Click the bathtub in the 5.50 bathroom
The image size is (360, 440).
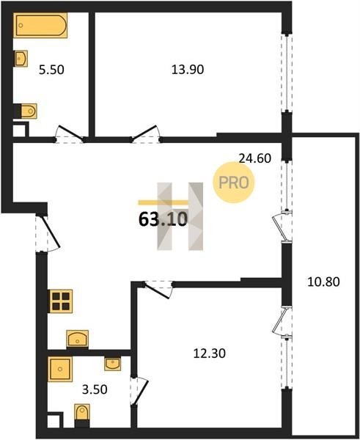[x=40, y=25]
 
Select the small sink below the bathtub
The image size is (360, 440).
[x=21, y=59]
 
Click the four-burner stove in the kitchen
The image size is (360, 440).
[x=60, y=301]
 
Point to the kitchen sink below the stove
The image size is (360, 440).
[x=78, y=339]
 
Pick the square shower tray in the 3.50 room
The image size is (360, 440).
[x=60, y=369]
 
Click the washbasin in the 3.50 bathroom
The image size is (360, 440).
[x=112, y=364]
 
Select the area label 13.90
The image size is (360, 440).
[x=188, y=70]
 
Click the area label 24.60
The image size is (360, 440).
[x=255, y=158]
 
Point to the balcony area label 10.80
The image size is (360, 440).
[x=323, y=282]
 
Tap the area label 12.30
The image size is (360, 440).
[x=209, y=353]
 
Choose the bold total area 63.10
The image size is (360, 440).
[x=163, y=219]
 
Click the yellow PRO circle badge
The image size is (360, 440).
[x=233, y=183]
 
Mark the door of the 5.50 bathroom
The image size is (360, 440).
[x=70, y=134]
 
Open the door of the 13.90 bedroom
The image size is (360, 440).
[x=146, y=133]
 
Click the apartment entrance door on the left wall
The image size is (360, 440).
[x=48, y=233]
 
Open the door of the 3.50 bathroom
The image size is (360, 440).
[x=139, y=391]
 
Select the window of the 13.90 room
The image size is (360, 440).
[x=287, y=73]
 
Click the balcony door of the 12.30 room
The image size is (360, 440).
[x=282, y=320]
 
